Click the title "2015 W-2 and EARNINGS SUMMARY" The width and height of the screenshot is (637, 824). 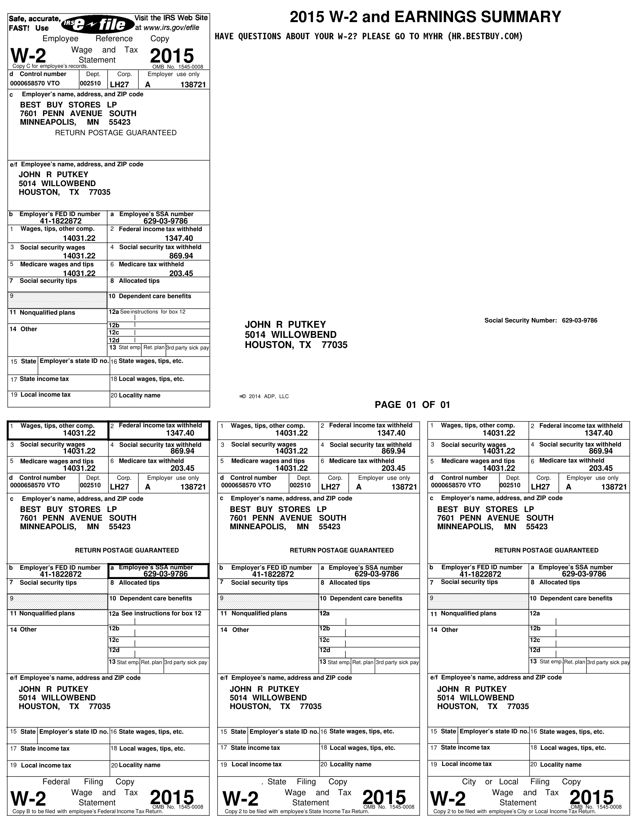pos(425,17)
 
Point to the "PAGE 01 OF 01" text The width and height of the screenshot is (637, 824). pos(412,405)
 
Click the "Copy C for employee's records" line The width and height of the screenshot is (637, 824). pos(50,66)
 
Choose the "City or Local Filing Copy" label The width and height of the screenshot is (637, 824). pos(518,781)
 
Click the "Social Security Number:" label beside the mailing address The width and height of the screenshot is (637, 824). pos(520,321)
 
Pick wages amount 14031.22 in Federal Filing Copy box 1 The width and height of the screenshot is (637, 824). pos(79,433)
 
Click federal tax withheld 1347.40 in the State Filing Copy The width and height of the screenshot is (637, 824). pos(391,433)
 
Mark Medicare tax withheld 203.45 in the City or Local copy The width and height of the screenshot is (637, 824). pos(601,468)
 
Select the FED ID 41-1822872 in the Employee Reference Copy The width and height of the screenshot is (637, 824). pos(61,221)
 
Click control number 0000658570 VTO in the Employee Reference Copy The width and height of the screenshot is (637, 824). pos(35,84)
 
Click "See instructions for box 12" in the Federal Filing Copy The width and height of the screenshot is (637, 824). pos(161,614)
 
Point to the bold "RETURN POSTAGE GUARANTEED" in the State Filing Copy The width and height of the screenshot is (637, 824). pos(341,551)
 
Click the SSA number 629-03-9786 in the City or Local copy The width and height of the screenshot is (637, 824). pos(584,574)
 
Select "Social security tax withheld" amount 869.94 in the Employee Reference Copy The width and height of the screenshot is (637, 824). pos(181,256)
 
